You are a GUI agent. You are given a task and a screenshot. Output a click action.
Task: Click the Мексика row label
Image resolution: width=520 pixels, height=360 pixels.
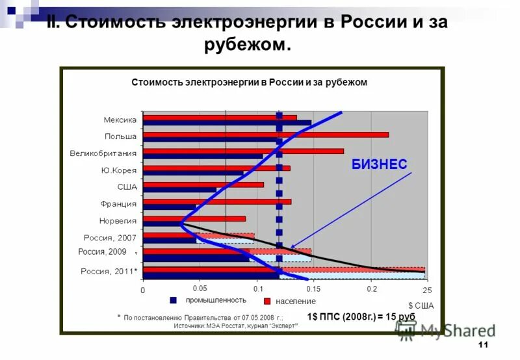pyautogui.click(x=120, y=120)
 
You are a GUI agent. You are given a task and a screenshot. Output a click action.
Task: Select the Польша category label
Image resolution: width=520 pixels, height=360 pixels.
pyautogui.click(x=121, y=136)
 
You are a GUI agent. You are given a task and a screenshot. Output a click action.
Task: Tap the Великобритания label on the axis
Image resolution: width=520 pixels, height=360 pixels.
pyautogui.click(x=103, y=154)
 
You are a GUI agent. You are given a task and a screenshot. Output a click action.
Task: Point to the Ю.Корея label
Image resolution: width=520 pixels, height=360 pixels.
pyautogui.click(x=119, y=171)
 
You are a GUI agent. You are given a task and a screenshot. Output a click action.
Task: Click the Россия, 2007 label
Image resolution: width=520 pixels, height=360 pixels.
pyautogui.click(x=110, y=238)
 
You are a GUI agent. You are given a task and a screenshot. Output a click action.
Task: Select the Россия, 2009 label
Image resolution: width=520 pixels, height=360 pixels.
pyautogui.click(x=102, y=252)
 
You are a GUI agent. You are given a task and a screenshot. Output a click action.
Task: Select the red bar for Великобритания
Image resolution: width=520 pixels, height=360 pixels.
pyautogui.click(x=243, y=151)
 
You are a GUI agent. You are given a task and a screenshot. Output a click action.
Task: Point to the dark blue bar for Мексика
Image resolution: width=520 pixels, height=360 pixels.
pyautogui.click(x=227, y=123)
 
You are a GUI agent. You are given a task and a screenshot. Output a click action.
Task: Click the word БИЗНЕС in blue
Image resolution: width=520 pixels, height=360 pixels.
pyautogui.click(x=380, y=164)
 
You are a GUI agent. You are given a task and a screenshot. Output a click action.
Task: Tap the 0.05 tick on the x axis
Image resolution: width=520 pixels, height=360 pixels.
pyautogui.click(x=200, y=288)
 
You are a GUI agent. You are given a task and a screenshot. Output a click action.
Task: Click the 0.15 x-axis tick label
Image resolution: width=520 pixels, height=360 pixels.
pyautogui.click(x=313, y=289)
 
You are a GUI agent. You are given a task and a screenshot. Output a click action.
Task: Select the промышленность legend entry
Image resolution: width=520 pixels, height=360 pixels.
pyautogui.click(x=208, y=300)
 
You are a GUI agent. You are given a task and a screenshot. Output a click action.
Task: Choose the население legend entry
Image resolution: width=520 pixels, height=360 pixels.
pyautogui.click(x=290, y=302)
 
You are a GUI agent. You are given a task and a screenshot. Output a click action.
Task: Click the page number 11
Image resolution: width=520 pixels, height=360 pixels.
pyautogui.click(x=482, y=344)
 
